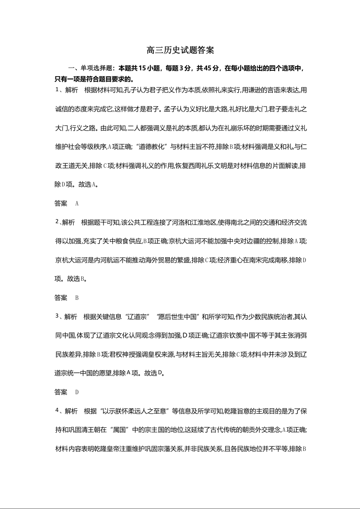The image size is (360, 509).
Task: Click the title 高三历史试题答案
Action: pyautogui.click(x=180, y=50)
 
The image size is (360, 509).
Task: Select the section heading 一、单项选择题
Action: pyautogui.click(x=91, y=69)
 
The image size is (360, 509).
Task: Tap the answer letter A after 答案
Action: pyautogui.click(x=77, y=204)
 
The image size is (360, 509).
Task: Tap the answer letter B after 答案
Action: pyautogui.click(x=77, y=298)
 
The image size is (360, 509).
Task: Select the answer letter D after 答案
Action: pyautogui.click(x=77, y=392)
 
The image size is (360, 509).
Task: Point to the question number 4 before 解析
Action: pyautogui.click(x=57, y=411)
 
